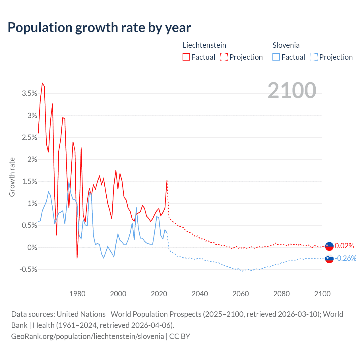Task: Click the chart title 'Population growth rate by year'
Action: [x=99, y=28]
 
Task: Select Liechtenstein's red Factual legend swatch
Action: [x=186, y=57]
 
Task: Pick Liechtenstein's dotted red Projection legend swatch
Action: [x=224, y=57]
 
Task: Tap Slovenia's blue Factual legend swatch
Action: [x=276, y=57]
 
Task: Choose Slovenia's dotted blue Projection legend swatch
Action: [x=314, y=57]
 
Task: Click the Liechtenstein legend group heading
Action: [x=204, y=45]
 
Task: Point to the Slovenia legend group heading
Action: [x=286, y=45]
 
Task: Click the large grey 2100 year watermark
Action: [x=292, y=90]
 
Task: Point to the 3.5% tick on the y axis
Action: [x=30, y=94]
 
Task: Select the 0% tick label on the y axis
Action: [x=32, y=247]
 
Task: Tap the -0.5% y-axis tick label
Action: [x=28, y=270]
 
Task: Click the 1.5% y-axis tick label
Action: [x=30, y=181]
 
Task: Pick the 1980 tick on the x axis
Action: [x=77, y=294]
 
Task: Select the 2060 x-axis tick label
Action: [x=241, y=294]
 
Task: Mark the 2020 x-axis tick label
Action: [x=159, y=294]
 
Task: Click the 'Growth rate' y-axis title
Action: [x=12, y=177]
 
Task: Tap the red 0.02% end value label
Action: [x=344, y=246]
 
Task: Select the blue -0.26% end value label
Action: [x=346, y=258]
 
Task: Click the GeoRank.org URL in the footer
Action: [x=88, y=336]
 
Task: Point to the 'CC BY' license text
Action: [x=180, y=336]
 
